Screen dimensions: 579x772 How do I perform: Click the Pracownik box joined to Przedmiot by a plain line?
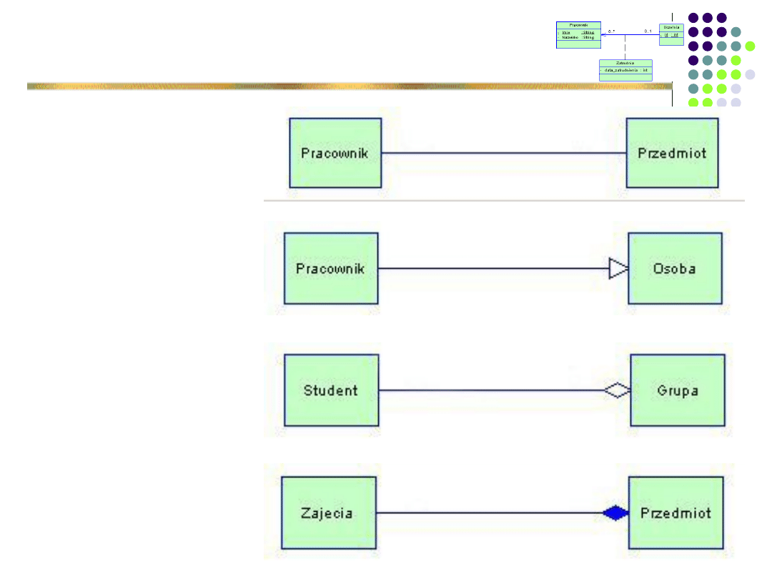click(x=335, y=153)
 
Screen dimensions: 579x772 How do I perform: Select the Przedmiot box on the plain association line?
click(x=672, y=153)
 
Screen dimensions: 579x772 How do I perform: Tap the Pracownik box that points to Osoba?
click(x=330, y=269)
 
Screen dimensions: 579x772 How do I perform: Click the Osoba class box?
click(x=674, y=269)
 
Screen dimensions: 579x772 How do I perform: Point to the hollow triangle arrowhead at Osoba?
click(x=618, y=269)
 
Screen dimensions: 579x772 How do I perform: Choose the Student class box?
click(x=330, y=390)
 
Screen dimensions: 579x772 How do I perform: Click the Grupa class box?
click(x=677, y=390)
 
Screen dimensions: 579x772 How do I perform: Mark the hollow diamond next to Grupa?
click(x=615, y=390)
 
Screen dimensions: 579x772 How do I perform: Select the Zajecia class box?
click(x=328, y=513)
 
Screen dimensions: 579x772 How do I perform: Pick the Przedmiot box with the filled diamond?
click(x=675, y=513)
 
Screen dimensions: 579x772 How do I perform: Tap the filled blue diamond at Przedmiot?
click(x=615, y=513)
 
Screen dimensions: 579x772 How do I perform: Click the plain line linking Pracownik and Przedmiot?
click(x=504, y=153)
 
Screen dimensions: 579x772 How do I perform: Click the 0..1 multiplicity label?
click(x=648, y=31)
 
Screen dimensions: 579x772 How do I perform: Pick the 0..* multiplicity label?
click(x=611, y=31)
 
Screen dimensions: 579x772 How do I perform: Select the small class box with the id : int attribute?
click(x=671, y=34)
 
